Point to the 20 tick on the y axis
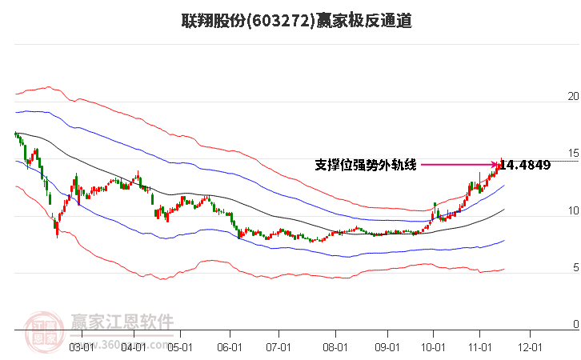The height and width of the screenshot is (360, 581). pyautogui.click(x=571, y=97)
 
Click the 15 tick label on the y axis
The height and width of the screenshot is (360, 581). pyautogui.click(x=571, y=154)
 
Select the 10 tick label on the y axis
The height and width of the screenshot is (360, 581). pyautogui.click(x=571, y=211)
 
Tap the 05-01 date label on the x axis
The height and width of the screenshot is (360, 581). pyautogui.click(x=180, y=347)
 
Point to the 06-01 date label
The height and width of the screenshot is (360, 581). pyautogui.click(x=230, y=347)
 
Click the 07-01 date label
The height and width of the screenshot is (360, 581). pyautogui.click(x=278, y=347)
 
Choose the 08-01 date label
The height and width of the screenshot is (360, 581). pyautogui.click(x=335, y=347)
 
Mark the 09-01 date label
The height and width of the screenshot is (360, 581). pyautogui.click(x=387, y=347)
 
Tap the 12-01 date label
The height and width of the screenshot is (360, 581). pyautogui.click(x=530, y=347)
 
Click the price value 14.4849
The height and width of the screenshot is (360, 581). pyautogui.click(x=525, y=166)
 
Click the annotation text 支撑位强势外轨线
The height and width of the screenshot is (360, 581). pyautogui.click(x=366, y=166)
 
